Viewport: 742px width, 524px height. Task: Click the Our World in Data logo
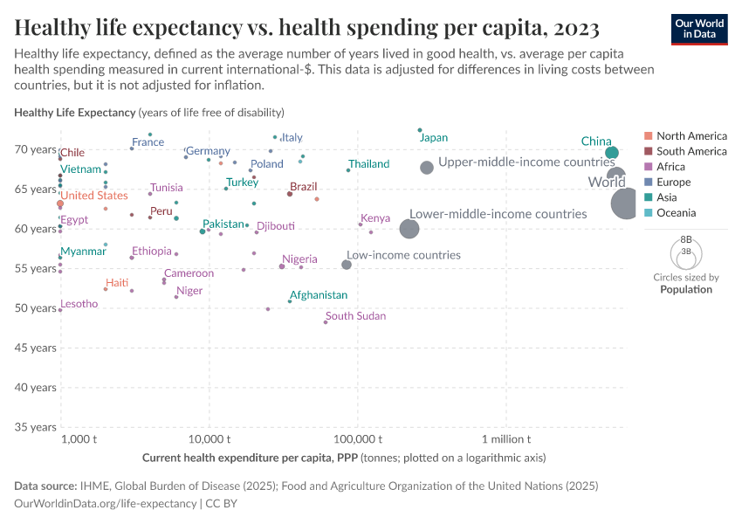pyautogui.click(x=699, y=28)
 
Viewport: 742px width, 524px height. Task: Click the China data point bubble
pyautogui.click(x=612, y=153)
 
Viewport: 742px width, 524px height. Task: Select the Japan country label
pyautogui.click(x=434, y=138)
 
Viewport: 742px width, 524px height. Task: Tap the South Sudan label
pyautogui.click(x=355, y=316)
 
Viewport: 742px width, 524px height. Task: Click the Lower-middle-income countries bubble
pyautogui.click(x=409, y=229)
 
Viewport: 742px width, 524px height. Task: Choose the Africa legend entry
pyautogui.click(x=670, y=167)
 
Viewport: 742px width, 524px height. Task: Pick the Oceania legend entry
pyautogui.click(x=676, y=213)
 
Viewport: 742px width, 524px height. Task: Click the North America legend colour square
pyautogui.click(x=647, y=136)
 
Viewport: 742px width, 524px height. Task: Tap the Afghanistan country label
pyautogui.click(x=319, y=295)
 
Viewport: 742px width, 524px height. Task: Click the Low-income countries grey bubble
pyautogui.click(x=347, y=265)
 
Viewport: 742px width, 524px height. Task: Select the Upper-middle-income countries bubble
pyautogui.click(x=427, y=168)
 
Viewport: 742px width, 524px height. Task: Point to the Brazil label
pyautogui.click(x=304, y=187)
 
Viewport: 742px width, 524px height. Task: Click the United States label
pyautogui.click(x=94, y=196)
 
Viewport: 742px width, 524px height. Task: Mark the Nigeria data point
pyautogui.click(x=282, y=266)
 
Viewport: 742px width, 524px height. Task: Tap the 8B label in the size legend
pyautogui.click(x=686, y=238)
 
